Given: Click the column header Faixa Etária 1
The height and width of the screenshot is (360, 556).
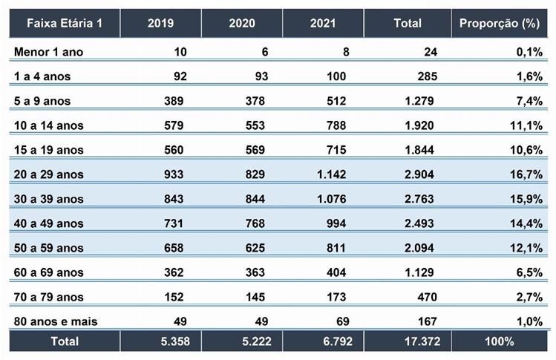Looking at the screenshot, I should click(64, 23).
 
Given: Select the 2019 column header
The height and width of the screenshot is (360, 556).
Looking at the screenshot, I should click(160, 23).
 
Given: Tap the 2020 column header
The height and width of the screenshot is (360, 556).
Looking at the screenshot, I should click(242, 23).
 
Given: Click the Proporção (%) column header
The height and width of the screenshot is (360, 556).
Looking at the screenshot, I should click(497, 23).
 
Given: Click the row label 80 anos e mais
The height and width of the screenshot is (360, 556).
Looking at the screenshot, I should click(56, 321).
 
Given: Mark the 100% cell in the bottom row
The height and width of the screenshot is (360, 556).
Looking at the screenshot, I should click(499, 341).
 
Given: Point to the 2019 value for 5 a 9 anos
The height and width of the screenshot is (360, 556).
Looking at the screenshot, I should click(173, 101).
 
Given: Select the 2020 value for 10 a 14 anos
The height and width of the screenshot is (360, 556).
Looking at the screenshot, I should click(254, 125).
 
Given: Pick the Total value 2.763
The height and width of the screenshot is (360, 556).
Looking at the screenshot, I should click(421, 199).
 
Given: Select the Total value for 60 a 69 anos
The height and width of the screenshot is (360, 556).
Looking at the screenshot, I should click(421, 272).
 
